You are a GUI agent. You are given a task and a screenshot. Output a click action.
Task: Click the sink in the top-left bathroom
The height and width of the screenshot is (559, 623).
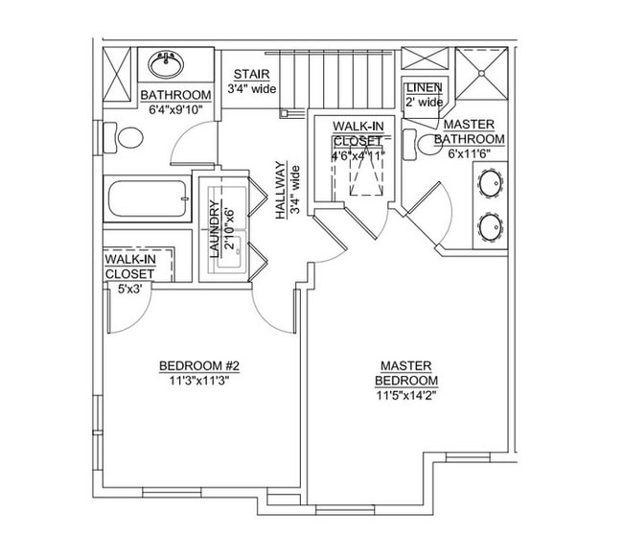pyautogui.click(x=168, y=65)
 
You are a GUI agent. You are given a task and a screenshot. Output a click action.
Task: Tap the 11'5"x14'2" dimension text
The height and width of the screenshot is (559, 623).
pyautogui.click(x=406, y=394)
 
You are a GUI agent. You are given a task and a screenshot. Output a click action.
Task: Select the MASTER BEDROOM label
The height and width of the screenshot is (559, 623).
pyautogui.click(x=406, y=373)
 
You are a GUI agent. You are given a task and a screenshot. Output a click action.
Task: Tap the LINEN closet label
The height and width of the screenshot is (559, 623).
pyautogui.click(x=423, y=88)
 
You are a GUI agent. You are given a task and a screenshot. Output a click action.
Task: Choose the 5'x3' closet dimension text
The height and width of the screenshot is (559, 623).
pyautogui.click(x=129, y=287)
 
